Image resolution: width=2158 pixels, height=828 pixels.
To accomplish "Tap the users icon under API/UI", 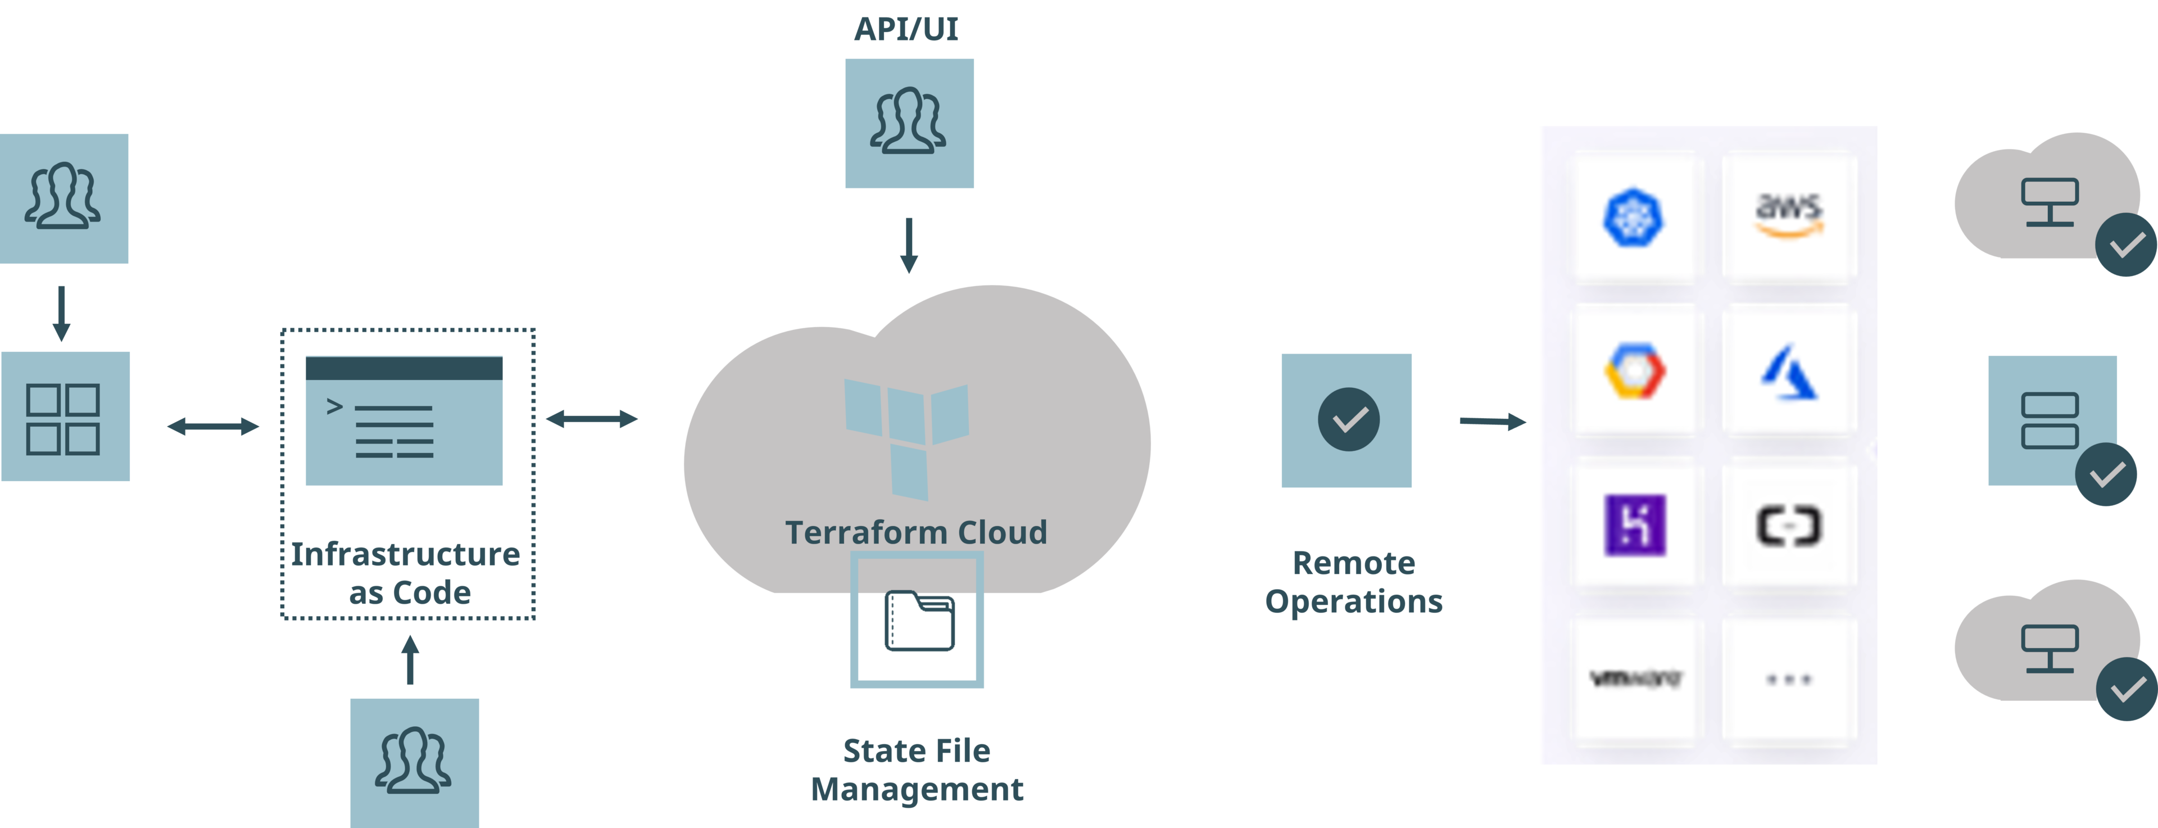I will [x=909, y=123].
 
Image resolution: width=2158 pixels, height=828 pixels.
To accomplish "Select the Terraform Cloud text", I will [x=915, y=533].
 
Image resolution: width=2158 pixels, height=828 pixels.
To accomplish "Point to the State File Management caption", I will [x=917, y=770].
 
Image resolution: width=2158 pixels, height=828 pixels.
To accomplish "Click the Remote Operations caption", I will [x=1353, y=582].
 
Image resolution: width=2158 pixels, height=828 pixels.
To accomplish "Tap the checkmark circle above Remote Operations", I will [x=1348, y=419].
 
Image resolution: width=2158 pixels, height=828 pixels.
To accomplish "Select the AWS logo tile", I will [x=1789, y=217].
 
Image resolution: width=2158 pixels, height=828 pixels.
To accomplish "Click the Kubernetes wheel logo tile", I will [x=1634, y=217].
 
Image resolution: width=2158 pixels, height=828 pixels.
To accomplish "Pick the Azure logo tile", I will [x=1789, y=371].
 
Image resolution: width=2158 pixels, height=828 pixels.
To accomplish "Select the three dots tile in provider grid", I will [x=1789, y=679].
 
